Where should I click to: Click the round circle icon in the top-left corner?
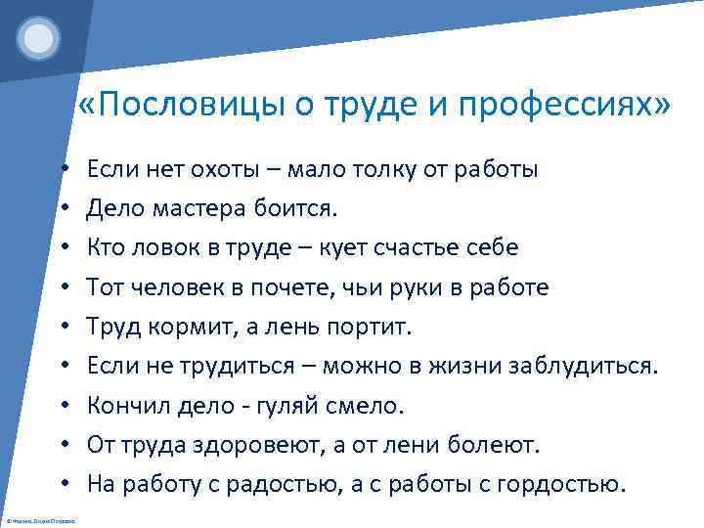pyautogui.click(x=40, y=39)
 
